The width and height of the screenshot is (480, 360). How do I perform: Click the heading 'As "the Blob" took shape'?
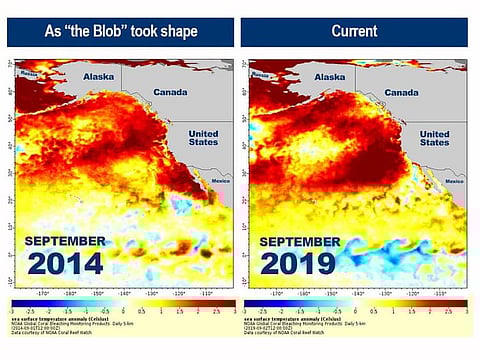tap(121, 31)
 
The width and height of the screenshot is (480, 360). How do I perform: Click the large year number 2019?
tap(301, 263)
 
